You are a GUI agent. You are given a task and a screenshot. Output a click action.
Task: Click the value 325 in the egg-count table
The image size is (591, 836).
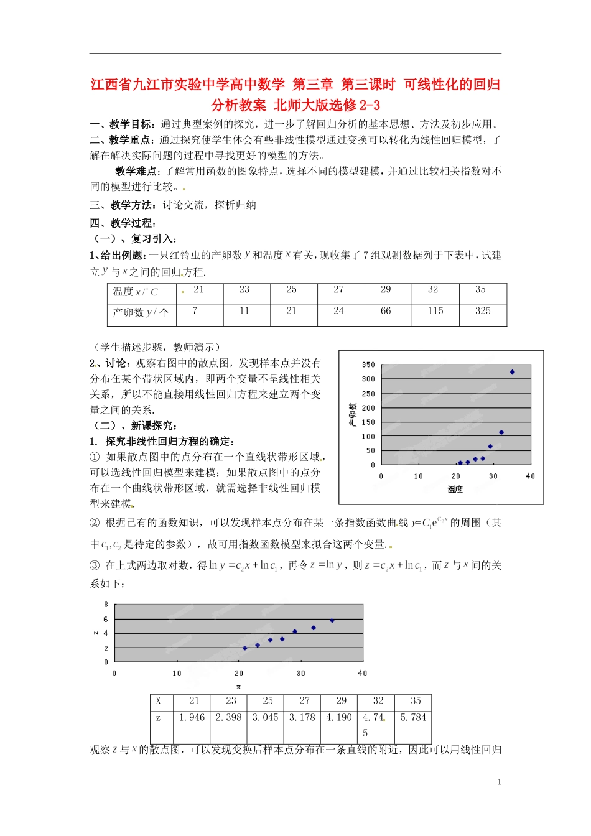(483, 311)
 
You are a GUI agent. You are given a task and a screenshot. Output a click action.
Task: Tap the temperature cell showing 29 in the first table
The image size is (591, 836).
(386, 290)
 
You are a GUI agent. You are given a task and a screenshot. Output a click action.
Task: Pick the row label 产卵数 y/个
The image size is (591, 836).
(141, 313)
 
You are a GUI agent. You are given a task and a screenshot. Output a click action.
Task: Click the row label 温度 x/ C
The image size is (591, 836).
(136, 292)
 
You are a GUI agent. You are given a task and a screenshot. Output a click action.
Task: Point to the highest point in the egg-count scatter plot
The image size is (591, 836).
(512, 372)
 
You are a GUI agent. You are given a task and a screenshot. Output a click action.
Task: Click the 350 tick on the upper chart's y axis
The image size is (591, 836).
(368, 365)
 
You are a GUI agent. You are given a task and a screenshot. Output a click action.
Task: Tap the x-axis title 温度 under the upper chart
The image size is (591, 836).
(455, 490)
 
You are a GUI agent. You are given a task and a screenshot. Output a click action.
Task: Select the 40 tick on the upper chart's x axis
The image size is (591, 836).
(530, 476)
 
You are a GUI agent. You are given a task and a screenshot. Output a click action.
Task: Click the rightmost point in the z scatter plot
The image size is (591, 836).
(332, 620)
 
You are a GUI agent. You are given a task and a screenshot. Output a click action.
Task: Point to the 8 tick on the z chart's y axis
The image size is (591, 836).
(106, 605)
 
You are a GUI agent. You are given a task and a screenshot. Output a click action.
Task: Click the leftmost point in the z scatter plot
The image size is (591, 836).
(245, 648)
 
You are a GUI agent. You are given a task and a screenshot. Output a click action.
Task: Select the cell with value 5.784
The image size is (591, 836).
(413, 718)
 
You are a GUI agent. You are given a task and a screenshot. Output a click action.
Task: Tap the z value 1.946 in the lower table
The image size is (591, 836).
(192, 718)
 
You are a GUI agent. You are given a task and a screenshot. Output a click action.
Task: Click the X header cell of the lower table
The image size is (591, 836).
(159, 701)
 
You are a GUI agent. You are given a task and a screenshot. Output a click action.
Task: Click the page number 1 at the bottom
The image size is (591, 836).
(499, 782)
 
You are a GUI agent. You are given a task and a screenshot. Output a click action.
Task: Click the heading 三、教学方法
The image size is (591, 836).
(123, 205)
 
